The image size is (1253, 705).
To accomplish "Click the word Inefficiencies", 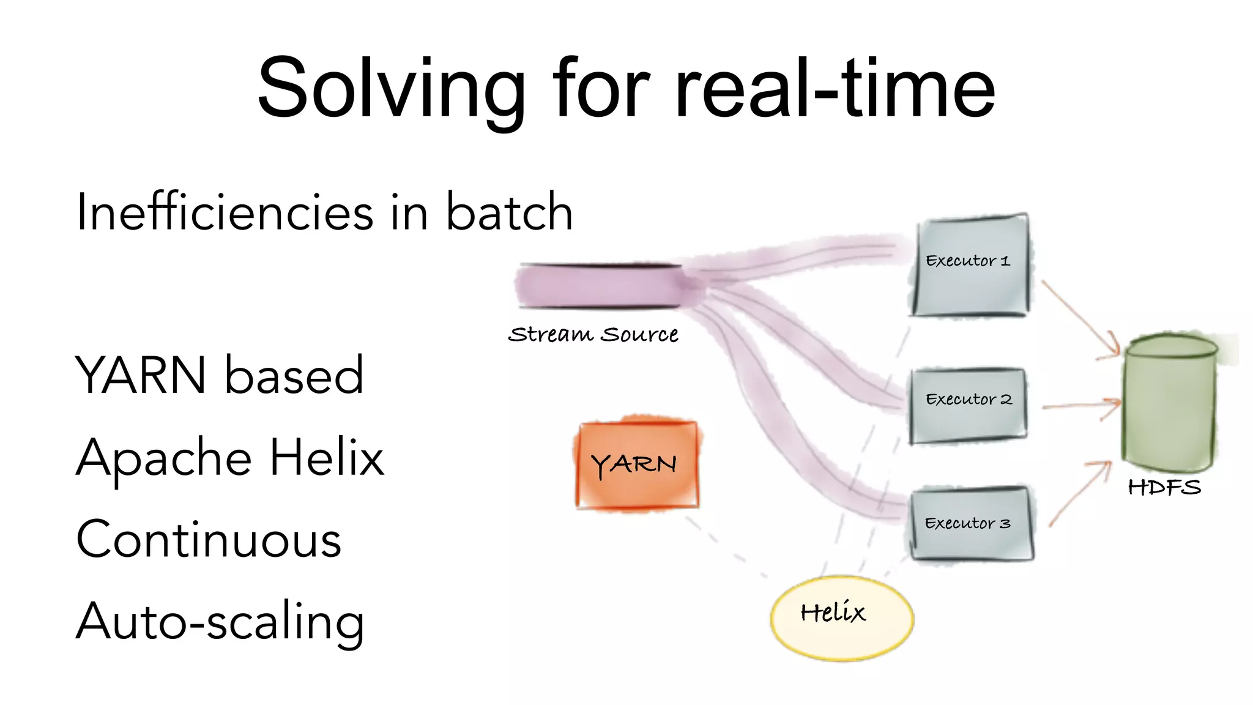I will pyautogui.click(x=225, y=212).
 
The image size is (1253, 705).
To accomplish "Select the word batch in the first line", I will pyautogui.click(x=509, y=212).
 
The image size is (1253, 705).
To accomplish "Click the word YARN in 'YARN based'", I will pyautogui.click(x=141, y=375).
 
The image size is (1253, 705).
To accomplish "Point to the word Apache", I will pyautogui.click(x=163, y=458).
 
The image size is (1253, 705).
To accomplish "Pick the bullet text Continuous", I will pyautogui.click(x=209, y=539).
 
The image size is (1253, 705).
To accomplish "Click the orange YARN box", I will pyautogui.click(x=637, y=464).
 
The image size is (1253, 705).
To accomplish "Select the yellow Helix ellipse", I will pyautogui.click(x=841, y=618).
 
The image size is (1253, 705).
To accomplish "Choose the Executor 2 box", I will pyautogui.click(x=968, y=405).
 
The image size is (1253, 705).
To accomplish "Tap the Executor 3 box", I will pyautogui.click(x=970, y=523).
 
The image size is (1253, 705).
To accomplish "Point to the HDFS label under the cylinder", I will pyautogui.click(x=1164, y=487).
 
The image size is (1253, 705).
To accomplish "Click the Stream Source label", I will pyautogui.click(x=593, y=334).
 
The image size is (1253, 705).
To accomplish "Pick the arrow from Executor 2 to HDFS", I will pyautogui.click(x=1080, y=405).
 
